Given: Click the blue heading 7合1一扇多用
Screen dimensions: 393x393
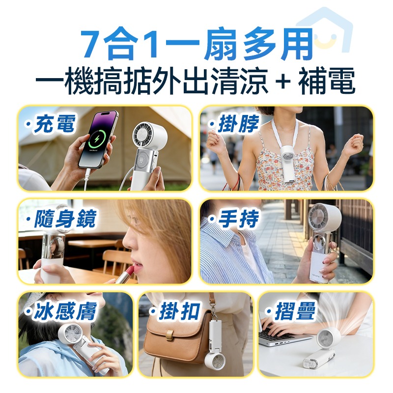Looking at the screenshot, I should pos(196,45).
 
